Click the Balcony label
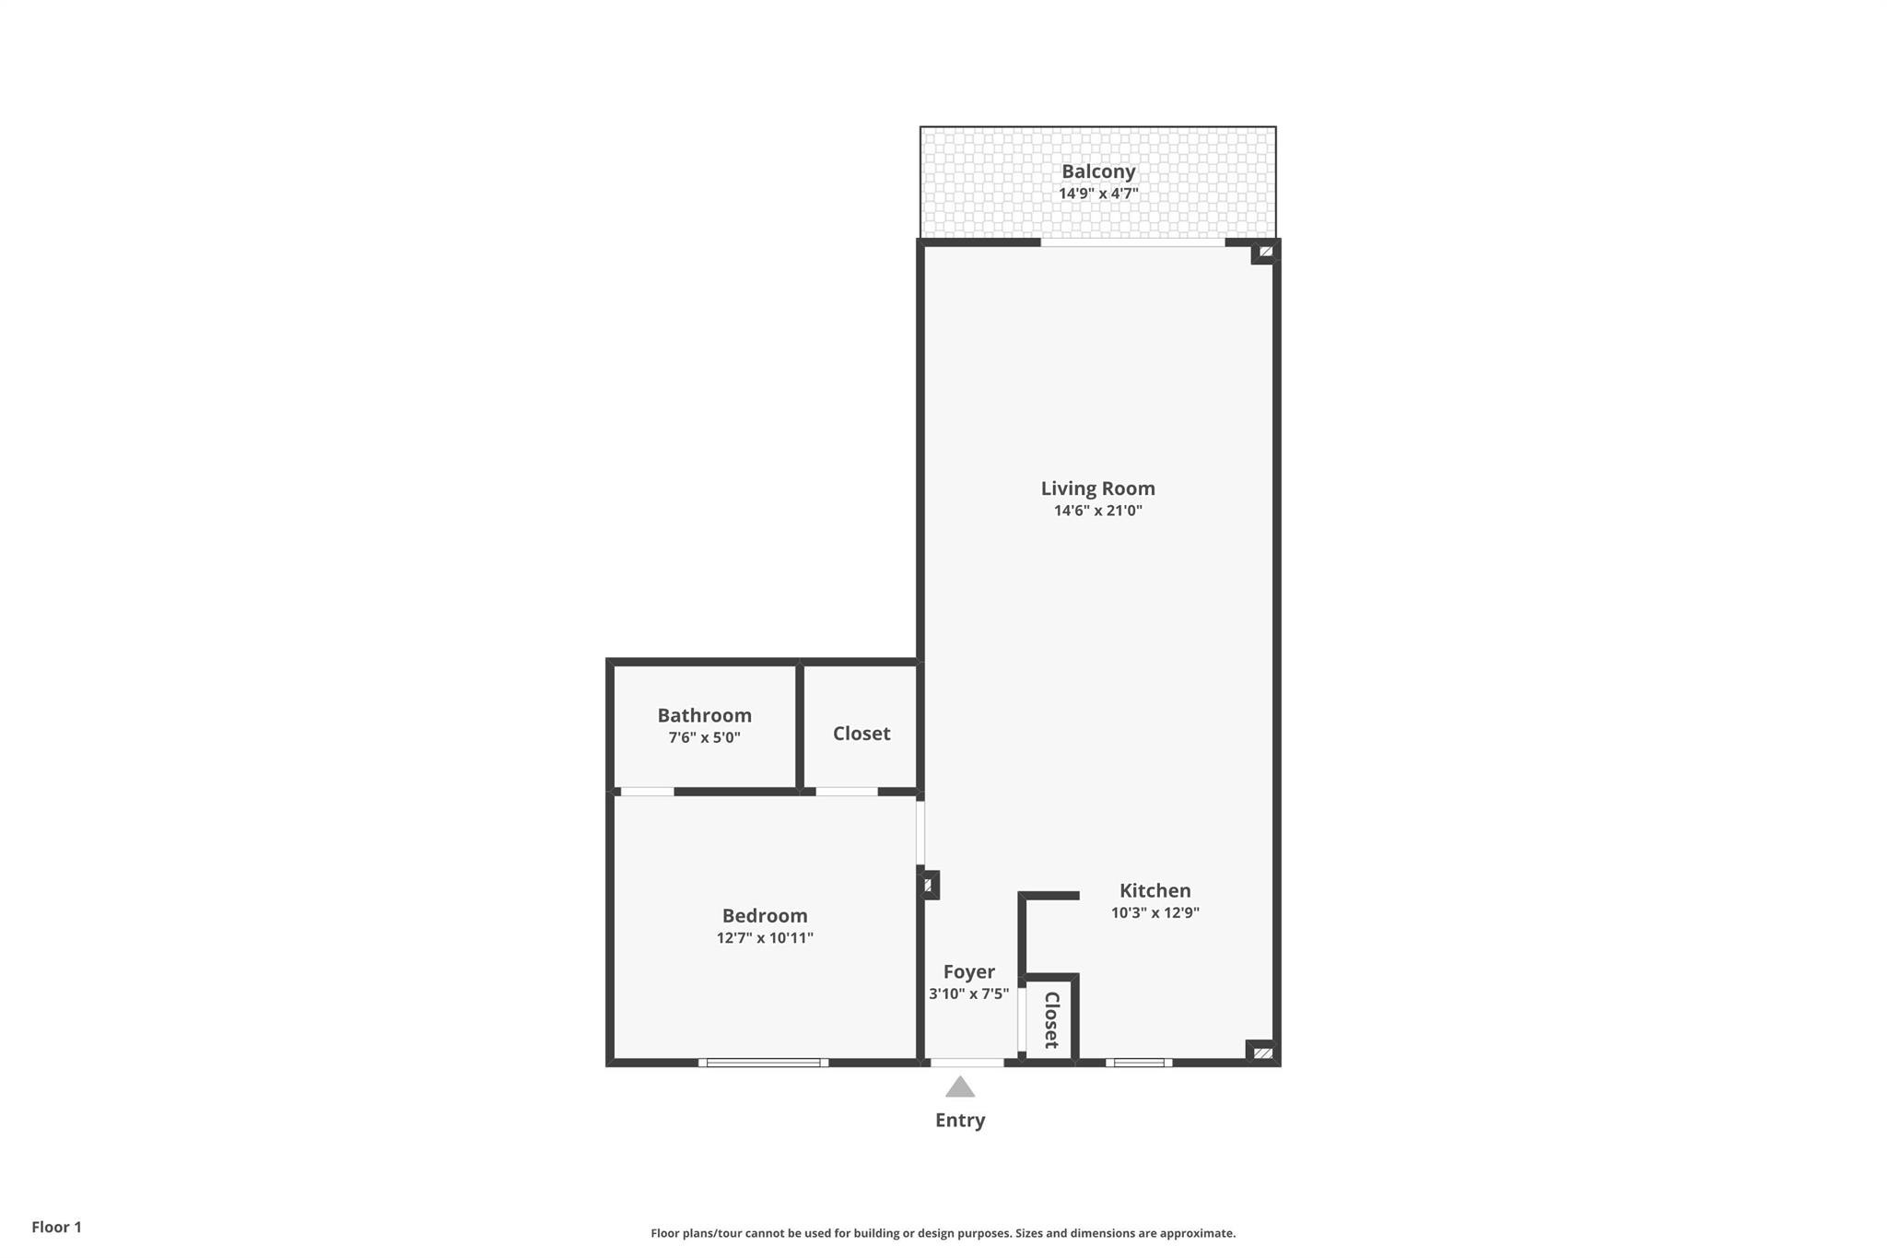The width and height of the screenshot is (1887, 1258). pyautogui.click(x=1097, y=171)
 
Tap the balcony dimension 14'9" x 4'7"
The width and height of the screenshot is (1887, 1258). pyautogui.click(x=1097, y=194)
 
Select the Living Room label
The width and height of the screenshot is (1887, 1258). pyautogui.click(x=1097, y=488)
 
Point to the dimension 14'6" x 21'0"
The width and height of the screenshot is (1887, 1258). pyautogui.click(x=1097, y=511)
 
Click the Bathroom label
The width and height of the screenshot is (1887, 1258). pyautogui.click(x=704, y=715)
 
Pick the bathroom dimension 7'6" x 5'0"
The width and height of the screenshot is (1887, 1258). pyautogui.click(x=704, y=737)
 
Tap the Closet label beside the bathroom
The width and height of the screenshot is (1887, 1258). pyautogui.click(x=861, y=734)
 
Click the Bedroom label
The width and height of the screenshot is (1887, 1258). pyautogui.click(x=764, y=915)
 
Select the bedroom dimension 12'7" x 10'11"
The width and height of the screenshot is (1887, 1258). pyautogui.click(x=764, y=938)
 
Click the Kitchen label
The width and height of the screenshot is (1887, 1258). pyautogui.click(x=1154, y=890)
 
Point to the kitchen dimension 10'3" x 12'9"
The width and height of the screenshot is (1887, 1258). pyautogui.click(x=1154, y=912)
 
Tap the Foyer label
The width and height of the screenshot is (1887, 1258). pyautogui.click(x=968, y=971)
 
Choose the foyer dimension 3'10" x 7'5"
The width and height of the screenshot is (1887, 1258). pyautogui.click(x=968, y=993)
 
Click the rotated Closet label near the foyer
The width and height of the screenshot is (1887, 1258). pyautogui.click(x=1051, y=1020)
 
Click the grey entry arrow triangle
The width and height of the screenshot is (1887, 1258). pyautogui.click(x=960, y=1088)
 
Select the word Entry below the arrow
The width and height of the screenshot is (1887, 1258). pyautogui.click(x=960, y=1120)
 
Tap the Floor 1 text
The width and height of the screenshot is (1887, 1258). pyautogui.click(x=56, y=1227)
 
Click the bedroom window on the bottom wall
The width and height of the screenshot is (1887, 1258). pyautogui.click(x=763, y=1063)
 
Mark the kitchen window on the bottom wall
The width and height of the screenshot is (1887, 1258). pyautogui.click(x=1139, y=1063)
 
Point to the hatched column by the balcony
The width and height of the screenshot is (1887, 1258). pyautogui.click(x=1266, y=251)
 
